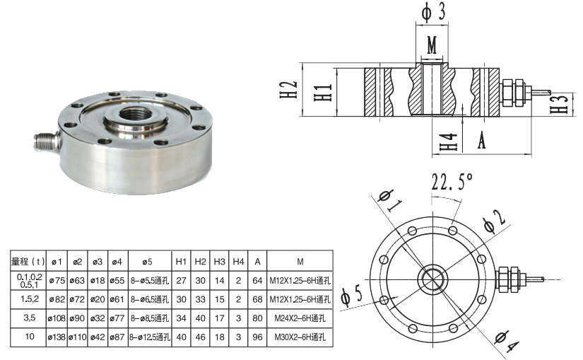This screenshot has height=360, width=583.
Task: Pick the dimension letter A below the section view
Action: [482, 140]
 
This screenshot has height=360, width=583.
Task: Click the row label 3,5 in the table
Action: [28, 318]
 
